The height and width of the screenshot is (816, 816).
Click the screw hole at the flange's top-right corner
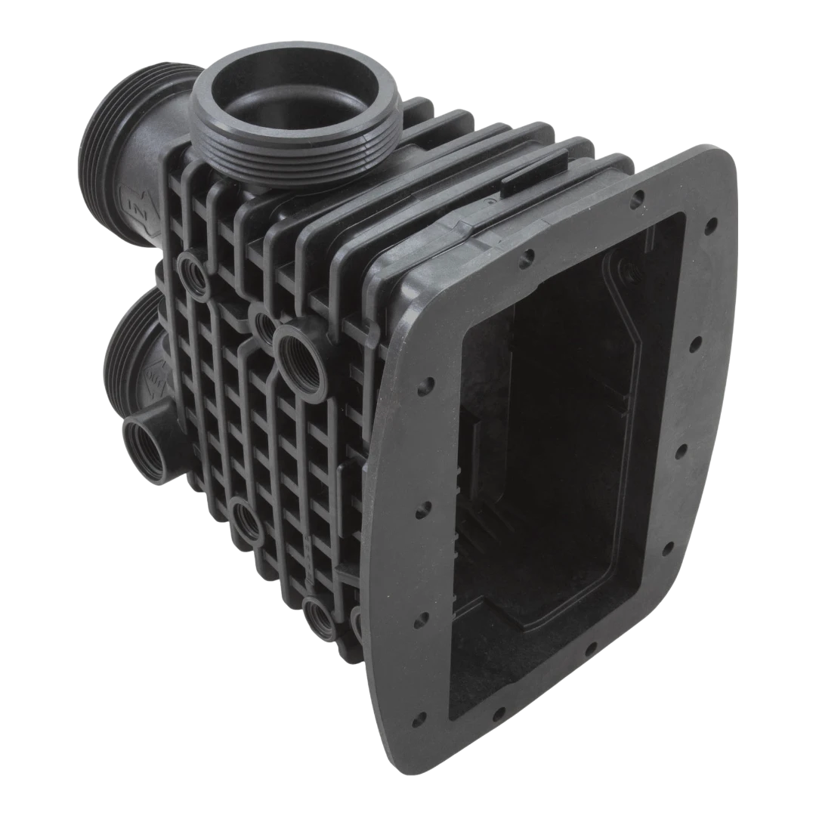710,226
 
